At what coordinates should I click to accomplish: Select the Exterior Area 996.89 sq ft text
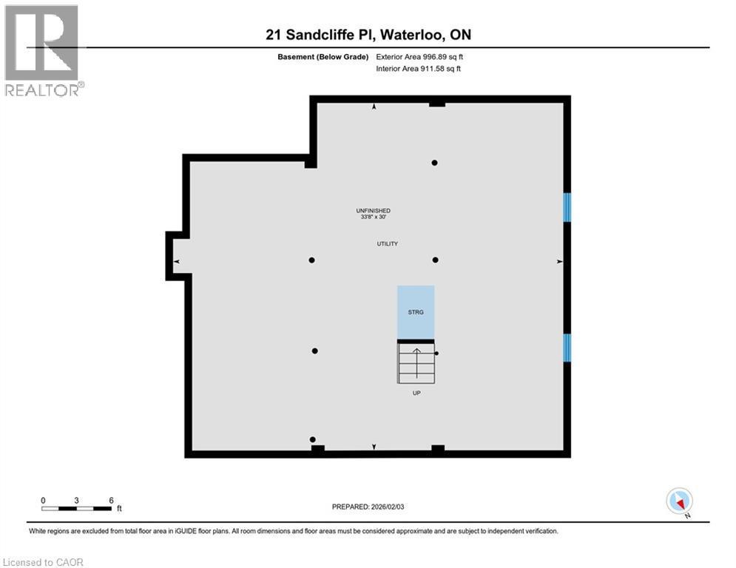pos(419,56)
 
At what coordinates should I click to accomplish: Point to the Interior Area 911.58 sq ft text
pos(419,69)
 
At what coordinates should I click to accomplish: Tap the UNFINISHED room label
pos(373,211)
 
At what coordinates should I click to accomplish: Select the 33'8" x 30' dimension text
pos(373,217)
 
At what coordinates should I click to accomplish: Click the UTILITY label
pos(388,243)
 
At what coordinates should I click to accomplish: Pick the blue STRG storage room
pos(416,311)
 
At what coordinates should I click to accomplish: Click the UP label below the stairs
pos(416,393)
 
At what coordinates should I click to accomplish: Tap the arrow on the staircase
pos(416,362)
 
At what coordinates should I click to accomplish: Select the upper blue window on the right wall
pos(567,207)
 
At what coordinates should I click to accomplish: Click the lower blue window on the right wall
pos(567,348)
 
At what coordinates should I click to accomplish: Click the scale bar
pos(77,508)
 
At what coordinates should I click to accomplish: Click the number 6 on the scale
pos(111,500)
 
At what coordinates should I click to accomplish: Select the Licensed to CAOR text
pos(43,562)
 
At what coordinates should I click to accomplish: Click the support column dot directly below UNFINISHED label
pos(436,260)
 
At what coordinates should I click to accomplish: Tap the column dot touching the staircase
pos(436,354)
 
